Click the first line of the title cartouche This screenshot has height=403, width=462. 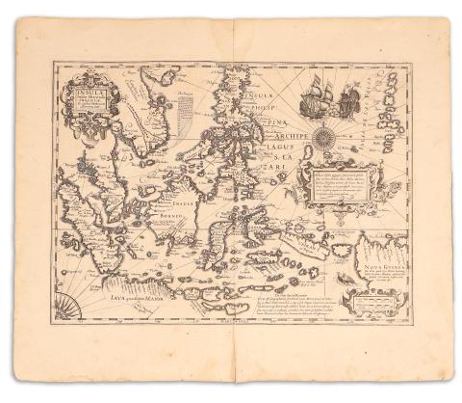[86, 94]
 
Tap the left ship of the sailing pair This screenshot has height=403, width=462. [313, 99]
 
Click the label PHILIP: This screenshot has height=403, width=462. [253, 107]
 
